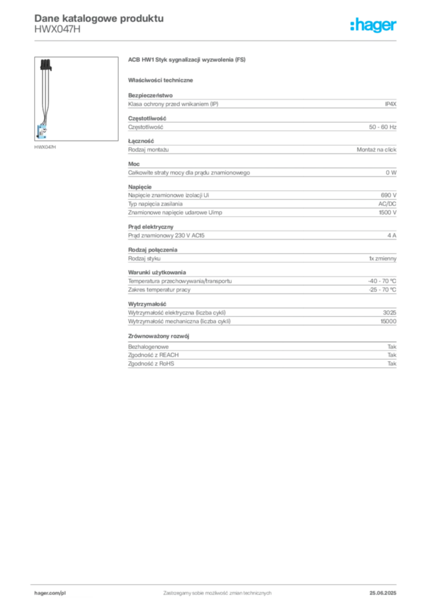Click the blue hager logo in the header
pyautogui.click(x=374, y=25)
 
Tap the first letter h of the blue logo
pyautogui.click(x=353, y=25)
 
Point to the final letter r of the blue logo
pyautogui.click(x=396, y=27)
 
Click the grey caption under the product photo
pyautogui.click(x=45, y=147)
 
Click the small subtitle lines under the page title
pyautogui.click(x=59, y=31)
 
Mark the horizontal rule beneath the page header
pyautogui.click(x=217, y=40)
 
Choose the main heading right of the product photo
pyautogui.click(x=189, y=60)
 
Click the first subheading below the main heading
pyautogui.click(x=163, y=80)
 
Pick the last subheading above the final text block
pyautogui.click(x=160, y=335)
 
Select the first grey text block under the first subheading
pyautogui.click(x=261, y=103)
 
